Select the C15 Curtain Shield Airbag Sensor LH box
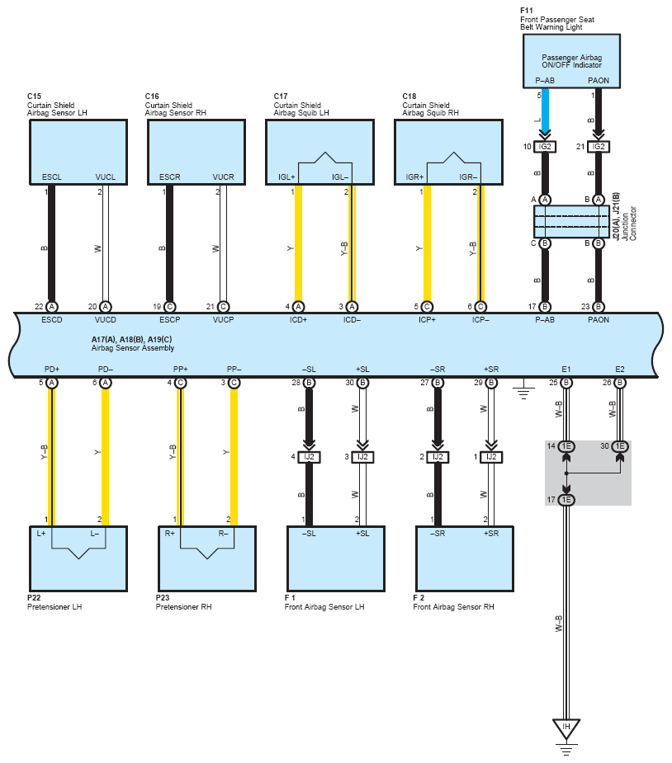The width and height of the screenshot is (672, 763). (78, 153)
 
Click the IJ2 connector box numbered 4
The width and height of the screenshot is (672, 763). (310, 457)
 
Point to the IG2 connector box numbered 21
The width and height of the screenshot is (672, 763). (599, 147)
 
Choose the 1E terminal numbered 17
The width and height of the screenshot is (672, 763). (566, 500)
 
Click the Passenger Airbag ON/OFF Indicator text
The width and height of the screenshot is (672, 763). (571, 61)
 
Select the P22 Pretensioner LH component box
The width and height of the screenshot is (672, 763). (78, 558)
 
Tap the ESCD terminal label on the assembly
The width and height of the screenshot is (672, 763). (52, 320)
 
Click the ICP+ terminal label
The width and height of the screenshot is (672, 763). (427, 320)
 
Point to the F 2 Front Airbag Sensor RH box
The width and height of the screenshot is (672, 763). (465, 558)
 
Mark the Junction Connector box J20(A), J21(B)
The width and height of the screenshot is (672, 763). (571, 221)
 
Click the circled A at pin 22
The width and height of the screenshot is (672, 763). (52, 307)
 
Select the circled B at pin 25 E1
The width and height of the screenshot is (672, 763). (566, 383)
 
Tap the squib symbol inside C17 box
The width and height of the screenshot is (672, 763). (324, 167)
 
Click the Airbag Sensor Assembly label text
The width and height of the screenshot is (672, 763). (132, 348)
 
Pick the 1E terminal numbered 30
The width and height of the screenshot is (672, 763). (620, 446)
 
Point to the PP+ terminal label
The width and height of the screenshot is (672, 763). (180, 370)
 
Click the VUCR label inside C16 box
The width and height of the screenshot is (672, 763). (223, 177)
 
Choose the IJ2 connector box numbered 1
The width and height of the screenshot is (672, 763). (491, 457)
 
